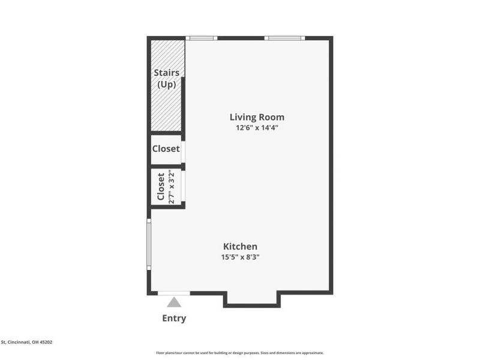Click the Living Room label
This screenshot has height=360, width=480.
pos(257,117)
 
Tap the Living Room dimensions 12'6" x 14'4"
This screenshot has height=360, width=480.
pos(257,128)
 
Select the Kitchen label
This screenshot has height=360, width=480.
pos(240,246)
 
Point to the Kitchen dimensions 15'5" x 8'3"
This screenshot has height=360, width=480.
pos(240,257)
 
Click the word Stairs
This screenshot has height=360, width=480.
pos(166,73)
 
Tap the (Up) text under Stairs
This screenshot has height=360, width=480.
pos(166,85)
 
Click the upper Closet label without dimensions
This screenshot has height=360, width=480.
pos(166,148)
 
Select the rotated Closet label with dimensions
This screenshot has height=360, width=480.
pos(161,187)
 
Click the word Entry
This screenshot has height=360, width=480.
pos(174,318)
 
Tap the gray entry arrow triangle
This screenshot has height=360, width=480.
pos(174,302)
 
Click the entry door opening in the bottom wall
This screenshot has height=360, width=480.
pos(174,293)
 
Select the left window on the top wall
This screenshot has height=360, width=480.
pos(201,38)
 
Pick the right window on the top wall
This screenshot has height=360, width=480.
pos(284,38)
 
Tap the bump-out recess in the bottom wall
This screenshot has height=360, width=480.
pos(252,299)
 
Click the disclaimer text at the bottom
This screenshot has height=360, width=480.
pos(240,353)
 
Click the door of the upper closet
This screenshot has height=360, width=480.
pos(182,149)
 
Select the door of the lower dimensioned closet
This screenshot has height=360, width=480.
pos(182,187)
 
